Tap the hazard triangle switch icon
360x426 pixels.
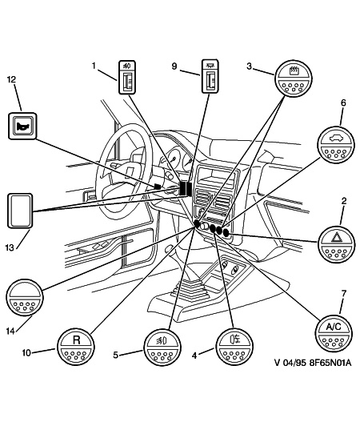(337, 243)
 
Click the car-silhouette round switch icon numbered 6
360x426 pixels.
(336, 143)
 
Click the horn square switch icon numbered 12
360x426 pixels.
(22, 125)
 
